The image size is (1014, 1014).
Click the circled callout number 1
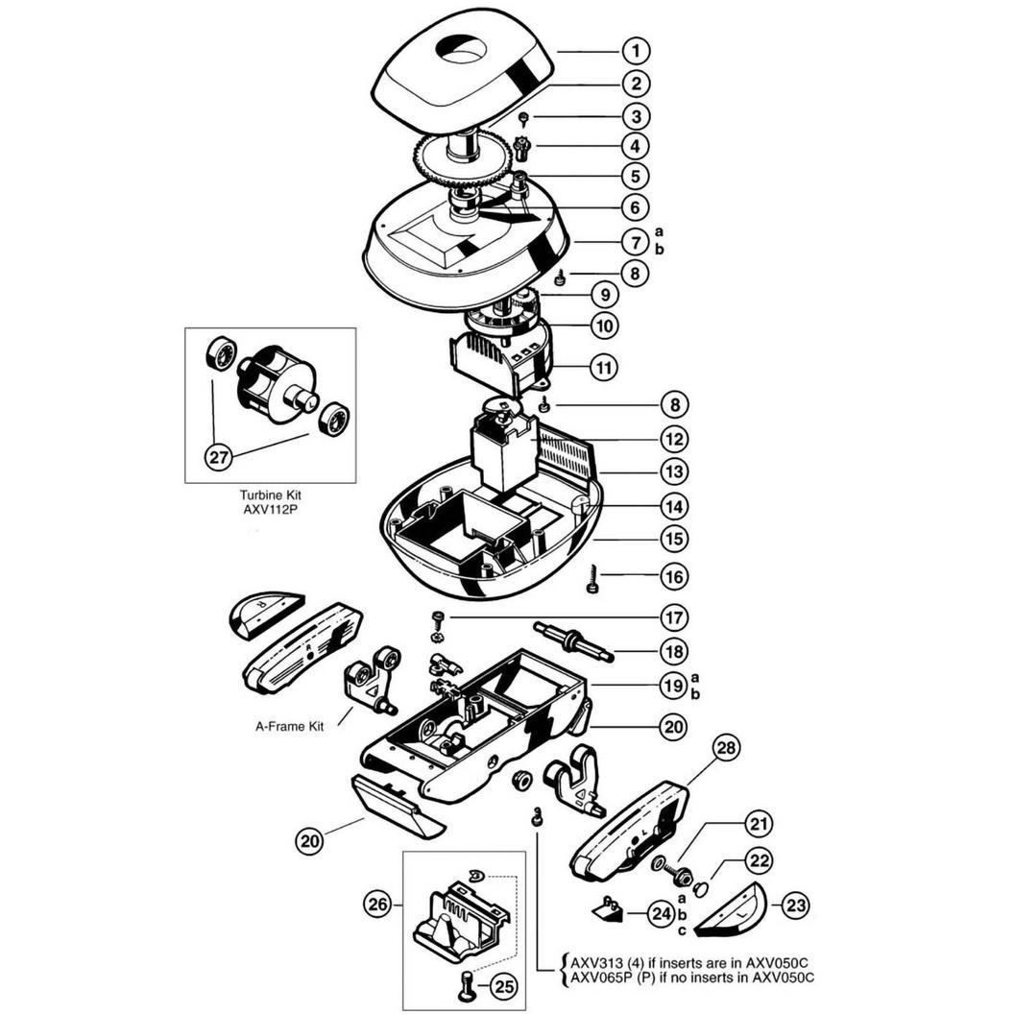click(x=636, y=51)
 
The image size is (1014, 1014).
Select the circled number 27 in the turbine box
click(x=219, y=457)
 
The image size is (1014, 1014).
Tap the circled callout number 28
click(x=727, y=748)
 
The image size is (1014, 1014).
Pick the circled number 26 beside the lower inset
click(x=378, y=904)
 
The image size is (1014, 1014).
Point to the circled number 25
click(x=504, y=985)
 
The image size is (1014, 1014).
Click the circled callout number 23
click(x=795, y=905)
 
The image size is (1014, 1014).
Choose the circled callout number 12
click(x=674, y=439)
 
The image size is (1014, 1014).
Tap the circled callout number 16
click(x=674, y=576)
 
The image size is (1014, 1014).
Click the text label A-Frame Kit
click(x=289, y=726)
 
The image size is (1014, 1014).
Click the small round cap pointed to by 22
click(x=699, y=891)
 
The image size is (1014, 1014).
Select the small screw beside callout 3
click(x=524, y=119)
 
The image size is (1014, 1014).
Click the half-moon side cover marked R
click(x=266, y=615)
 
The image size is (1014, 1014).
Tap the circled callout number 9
click(x=605, y=295)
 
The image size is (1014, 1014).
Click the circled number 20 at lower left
click(x=310, y=841)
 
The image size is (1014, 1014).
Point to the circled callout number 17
click(x=674, y=617)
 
